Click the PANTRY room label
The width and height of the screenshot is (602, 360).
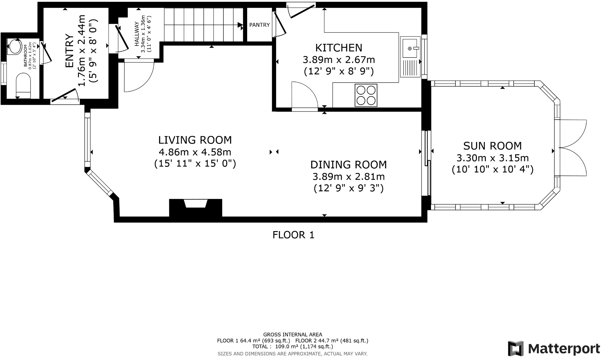click(259, 25)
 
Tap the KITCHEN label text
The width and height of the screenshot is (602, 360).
click(339, 48)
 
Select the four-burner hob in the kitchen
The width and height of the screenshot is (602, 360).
click(366, 95)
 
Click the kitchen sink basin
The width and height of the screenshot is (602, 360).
click(410, 47)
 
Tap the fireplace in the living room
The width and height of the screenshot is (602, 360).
click(196, 208)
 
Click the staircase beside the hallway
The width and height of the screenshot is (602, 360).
click(204, 24)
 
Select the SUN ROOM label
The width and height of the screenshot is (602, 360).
click(492, 146)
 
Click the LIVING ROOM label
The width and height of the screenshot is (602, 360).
click(195, 140)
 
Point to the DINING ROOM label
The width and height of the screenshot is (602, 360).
click(348, 165)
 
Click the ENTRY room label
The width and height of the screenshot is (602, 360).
click(70, 51)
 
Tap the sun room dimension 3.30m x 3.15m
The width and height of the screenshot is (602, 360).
click(492, 158)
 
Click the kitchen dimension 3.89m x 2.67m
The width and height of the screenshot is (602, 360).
click(339, 59)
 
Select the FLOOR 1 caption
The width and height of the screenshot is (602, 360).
click(293, 235)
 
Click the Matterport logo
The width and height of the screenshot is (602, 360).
click(554, 349)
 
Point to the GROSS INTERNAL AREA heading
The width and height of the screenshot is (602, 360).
click(293, 335)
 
